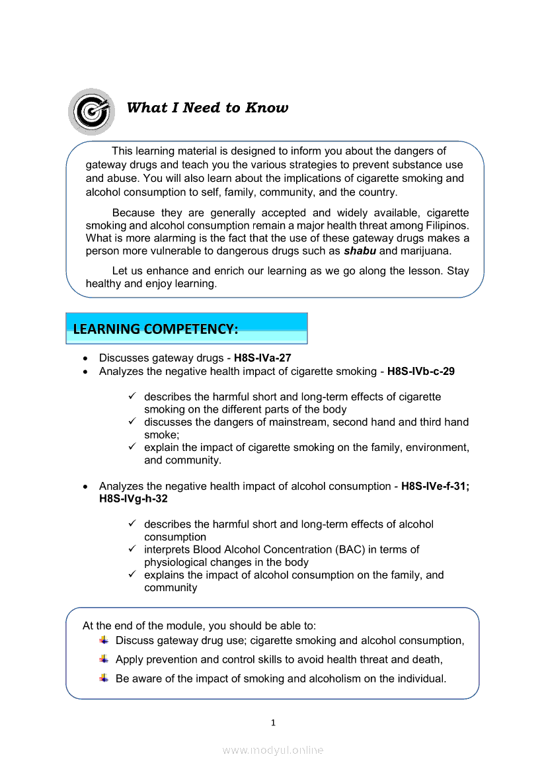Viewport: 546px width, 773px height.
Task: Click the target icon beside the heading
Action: pyautogui.click(x=91, y=111)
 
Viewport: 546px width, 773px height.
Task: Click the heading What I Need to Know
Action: pyautogui.click(x=207, y=108)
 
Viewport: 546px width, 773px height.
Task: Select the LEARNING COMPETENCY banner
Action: pyautogui.click(x=186, y=329)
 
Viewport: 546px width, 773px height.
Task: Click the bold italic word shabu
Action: pyautogui.click(x=360, y=251)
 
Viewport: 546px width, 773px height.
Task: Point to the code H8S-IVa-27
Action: pyautogui.click(x=262, y=358)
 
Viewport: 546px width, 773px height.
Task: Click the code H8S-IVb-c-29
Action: pyautogui.click(x=420, y=371)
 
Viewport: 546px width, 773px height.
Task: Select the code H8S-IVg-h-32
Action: pyautogui.click(x=133, y=499)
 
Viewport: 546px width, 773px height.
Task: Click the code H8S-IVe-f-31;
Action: pyautogui.click(x=435, y=486)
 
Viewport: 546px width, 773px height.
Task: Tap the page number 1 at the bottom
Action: pyautogui.click(x=273, y=722)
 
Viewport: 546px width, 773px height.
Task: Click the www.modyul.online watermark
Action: pyautogui.click(x=273, y=750)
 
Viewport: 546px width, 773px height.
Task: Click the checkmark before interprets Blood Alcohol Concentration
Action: pyautogui.click(x=132, y=549)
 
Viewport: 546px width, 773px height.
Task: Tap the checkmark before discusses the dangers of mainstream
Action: pyautogui.click(x=132, y=421)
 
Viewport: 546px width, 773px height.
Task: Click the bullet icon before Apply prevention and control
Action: pyautogui.click(x=104, y=659)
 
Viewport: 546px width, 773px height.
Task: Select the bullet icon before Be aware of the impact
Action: pyautogui.click(x=104, y=678)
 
